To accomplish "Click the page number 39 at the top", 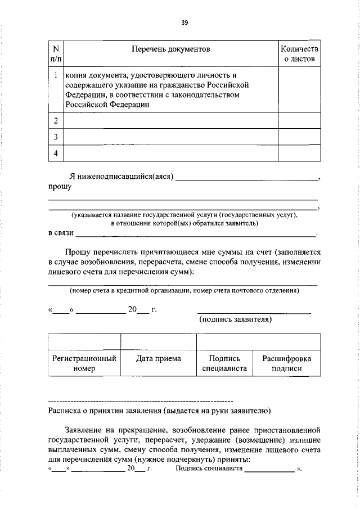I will point(184,23).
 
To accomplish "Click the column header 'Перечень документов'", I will point(170,49).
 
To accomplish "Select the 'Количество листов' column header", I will point(299,54).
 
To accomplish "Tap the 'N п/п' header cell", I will point(56,54).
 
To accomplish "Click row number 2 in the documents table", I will point(56,121).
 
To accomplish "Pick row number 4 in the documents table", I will point(56,152).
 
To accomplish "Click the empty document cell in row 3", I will point(170,137).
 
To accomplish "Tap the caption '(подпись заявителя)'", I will point(236,319).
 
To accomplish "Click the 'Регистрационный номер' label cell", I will point(84,363).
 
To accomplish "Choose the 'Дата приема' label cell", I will point(158,359).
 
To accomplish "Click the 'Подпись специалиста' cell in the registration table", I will point(224,363).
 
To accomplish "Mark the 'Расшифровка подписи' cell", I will point(286,363).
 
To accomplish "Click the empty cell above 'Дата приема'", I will point(158,341).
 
